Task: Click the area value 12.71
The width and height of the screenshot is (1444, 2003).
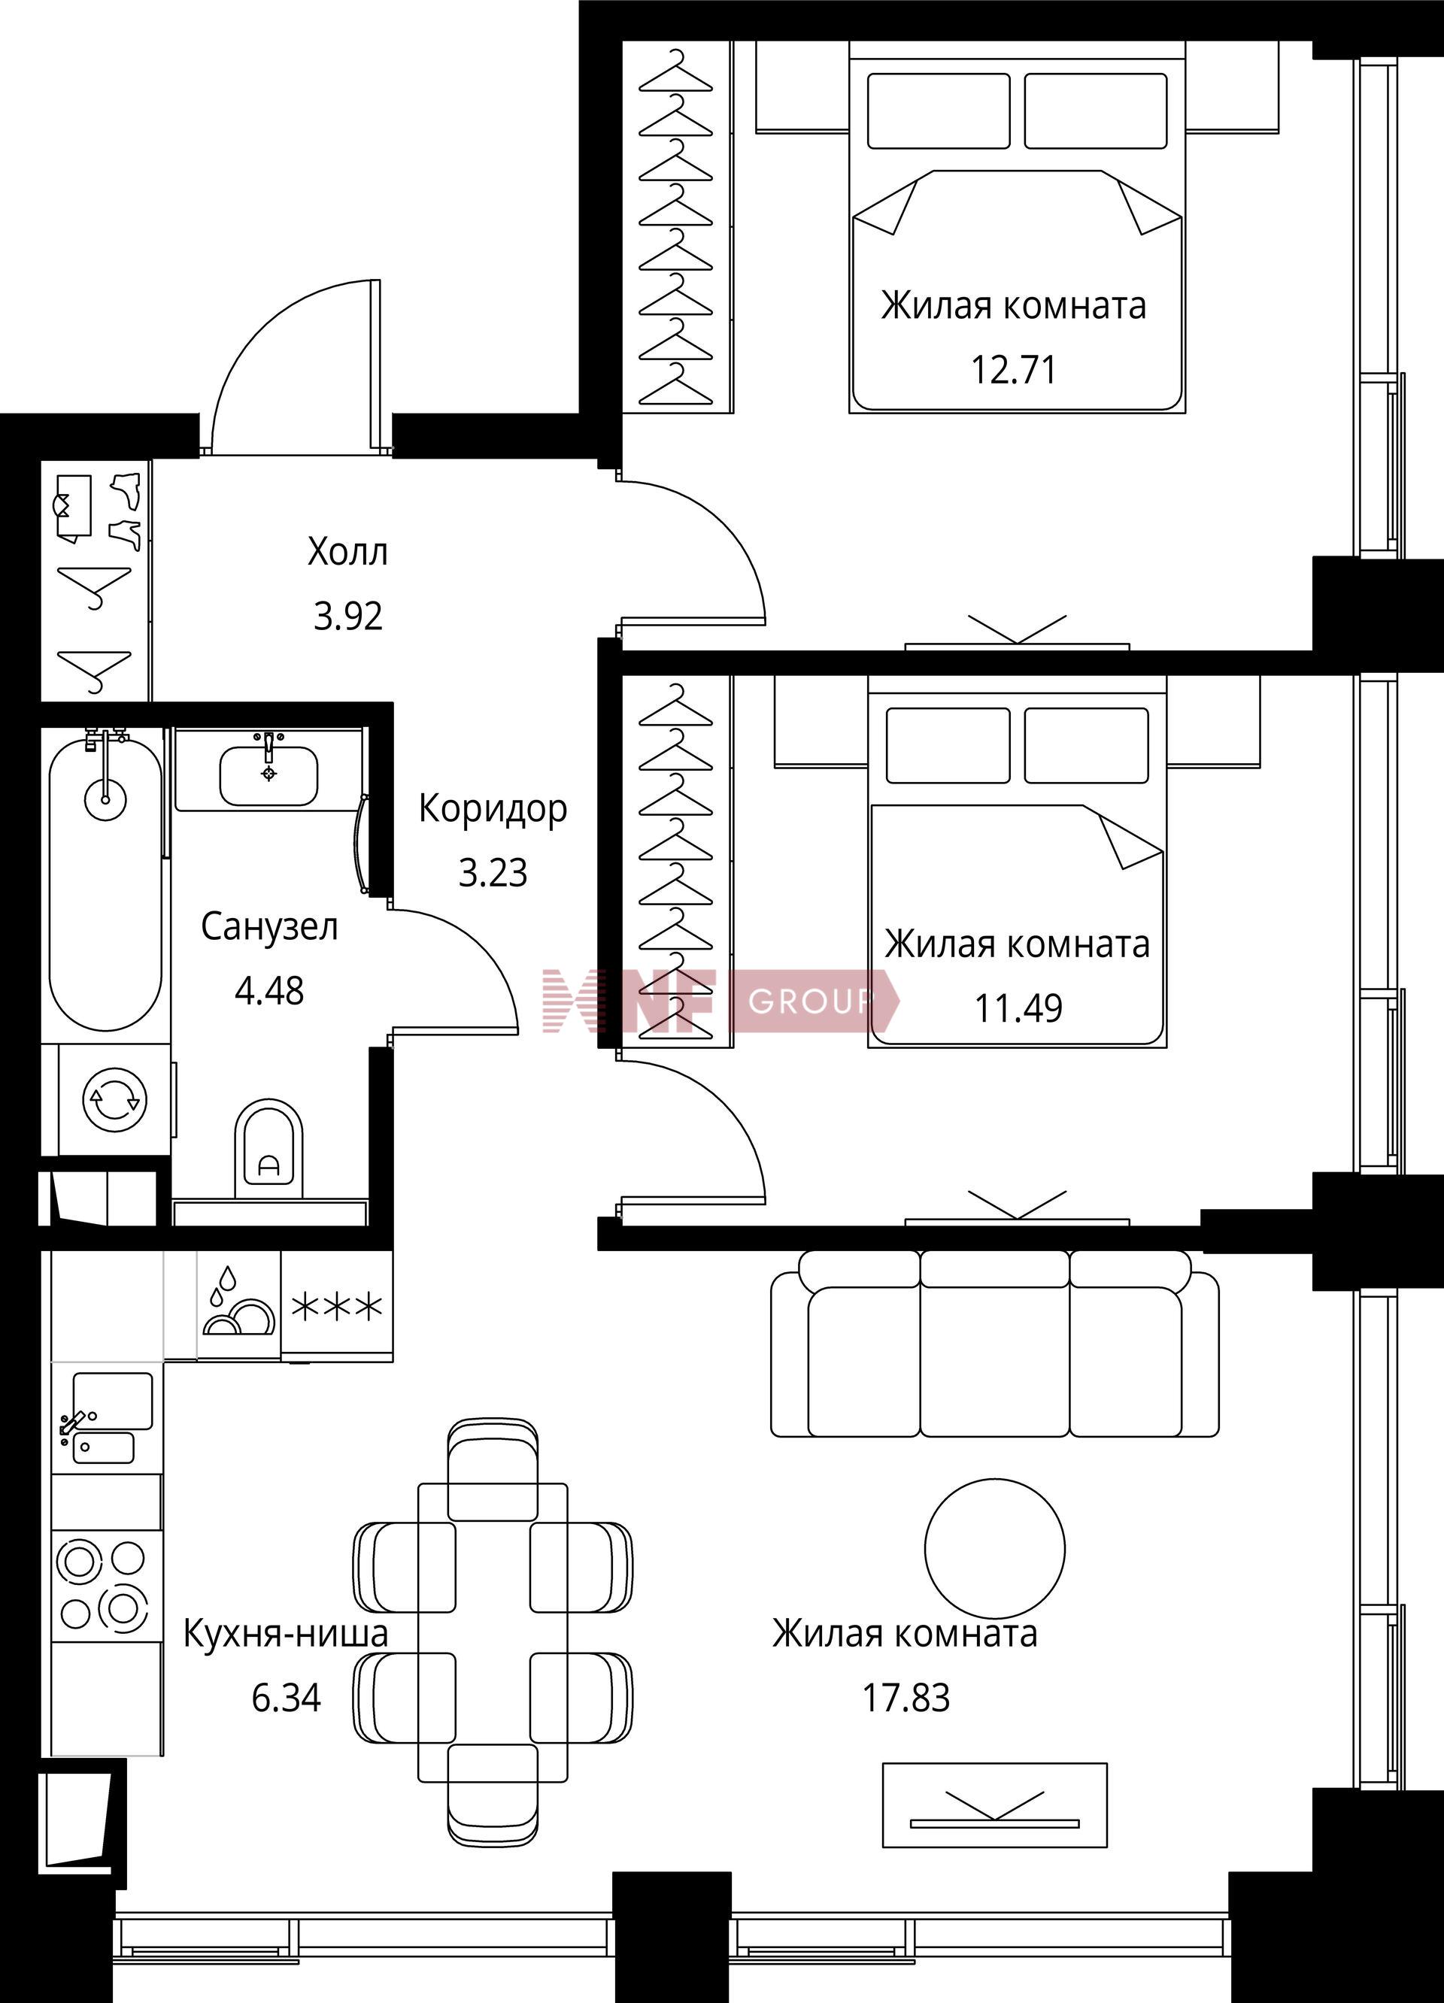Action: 1014,369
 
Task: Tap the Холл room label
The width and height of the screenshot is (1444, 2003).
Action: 348,552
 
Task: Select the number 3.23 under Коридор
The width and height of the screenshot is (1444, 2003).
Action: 493,873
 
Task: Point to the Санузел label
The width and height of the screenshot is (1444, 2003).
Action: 269,927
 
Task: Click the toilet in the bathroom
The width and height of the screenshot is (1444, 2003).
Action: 268,1148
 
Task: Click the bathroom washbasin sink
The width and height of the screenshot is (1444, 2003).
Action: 268,775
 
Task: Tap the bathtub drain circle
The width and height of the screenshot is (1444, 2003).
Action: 105,800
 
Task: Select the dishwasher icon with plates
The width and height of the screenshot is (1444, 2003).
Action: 238,1305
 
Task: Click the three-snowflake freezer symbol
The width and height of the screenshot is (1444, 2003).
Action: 338,1306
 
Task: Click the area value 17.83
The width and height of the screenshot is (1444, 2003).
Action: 906,1698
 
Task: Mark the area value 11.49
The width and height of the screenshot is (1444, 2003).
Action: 1018,1008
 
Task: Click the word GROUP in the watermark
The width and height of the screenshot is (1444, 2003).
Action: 809,1001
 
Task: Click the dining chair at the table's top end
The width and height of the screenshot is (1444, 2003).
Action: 493,1470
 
